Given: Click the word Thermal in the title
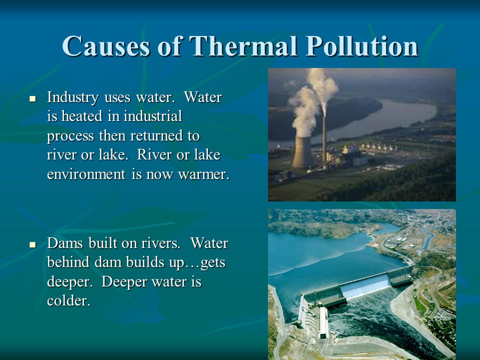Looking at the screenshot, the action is pos(243,46).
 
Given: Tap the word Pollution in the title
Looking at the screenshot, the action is pos(362,46).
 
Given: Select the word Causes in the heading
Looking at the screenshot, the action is pos(106,46).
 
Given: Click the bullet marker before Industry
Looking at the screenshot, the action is pos(33,99).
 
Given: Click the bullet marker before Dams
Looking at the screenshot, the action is pos(33,244).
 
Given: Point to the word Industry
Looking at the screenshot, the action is pos(73,97).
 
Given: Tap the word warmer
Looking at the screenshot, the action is pos(203,174).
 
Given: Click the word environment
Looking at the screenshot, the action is pos(86,174).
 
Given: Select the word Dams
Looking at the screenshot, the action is pos(65,243).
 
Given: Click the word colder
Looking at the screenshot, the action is pos(68,300).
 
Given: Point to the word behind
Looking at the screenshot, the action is pos(68,262).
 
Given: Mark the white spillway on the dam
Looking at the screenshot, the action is pos(366,286).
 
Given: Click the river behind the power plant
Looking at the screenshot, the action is pos(382,118).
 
